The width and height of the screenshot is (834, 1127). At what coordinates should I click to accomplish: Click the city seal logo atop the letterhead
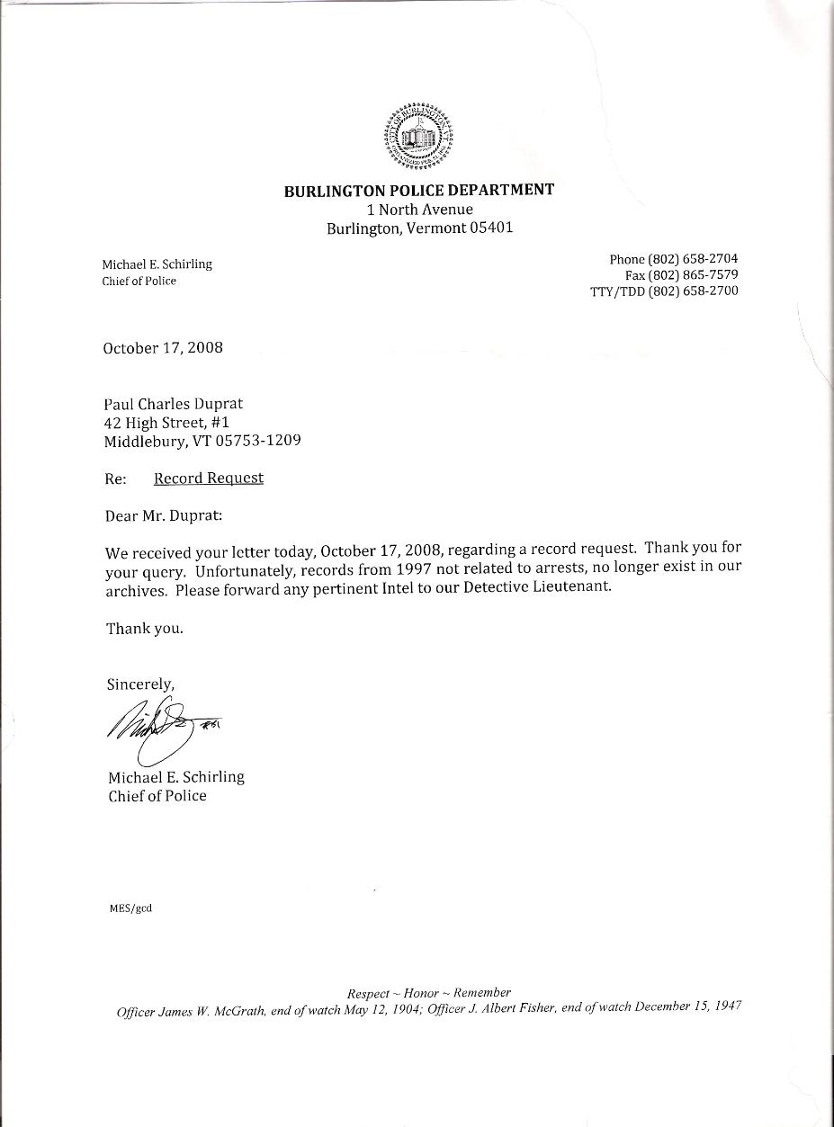click(x=419, y=137)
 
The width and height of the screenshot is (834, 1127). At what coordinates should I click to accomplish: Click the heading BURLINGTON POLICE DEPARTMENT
click(x=419, y=190)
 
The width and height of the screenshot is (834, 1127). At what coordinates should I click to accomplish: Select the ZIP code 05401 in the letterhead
click(x=491, y=228)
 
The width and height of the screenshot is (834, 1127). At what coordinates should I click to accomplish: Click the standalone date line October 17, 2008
click(x=163, y=348)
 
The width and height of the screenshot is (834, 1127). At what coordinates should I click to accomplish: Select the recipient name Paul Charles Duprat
click(x=173, y=404)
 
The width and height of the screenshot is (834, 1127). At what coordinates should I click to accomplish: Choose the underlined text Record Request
click(x=209, y=479)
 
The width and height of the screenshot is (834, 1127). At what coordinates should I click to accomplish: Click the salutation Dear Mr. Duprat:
click(x=164, y=516)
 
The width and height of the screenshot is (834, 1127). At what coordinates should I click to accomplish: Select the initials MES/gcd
click(x=130, y=908)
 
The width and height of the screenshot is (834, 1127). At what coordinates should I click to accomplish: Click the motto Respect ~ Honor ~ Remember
click(x=429, y=993)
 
